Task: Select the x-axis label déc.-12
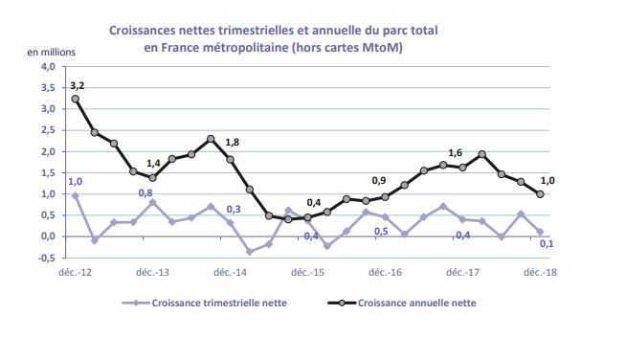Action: point(75,273)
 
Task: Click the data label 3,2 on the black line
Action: point(78,86)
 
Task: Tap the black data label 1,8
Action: point(233,144)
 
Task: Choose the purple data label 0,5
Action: point(380,232)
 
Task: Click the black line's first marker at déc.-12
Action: point(76,99)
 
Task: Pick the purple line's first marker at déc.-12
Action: point(76,195)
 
